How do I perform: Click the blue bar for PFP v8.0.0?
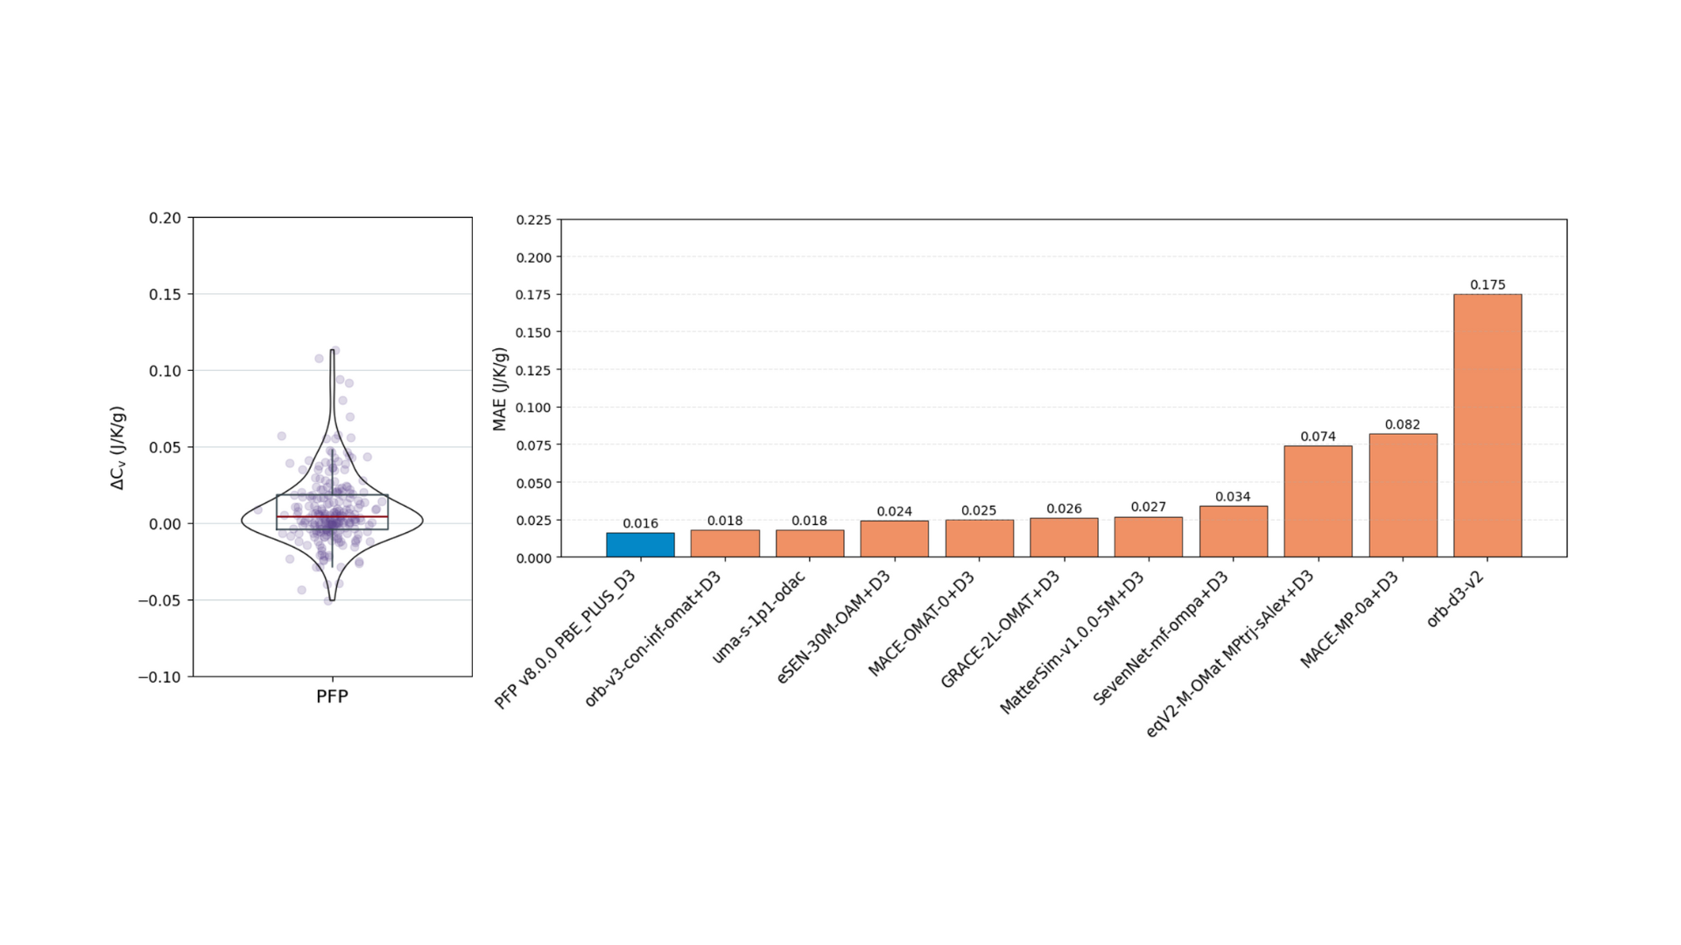[640, 545]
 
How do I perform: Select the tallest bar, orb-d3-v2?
[1488, 426]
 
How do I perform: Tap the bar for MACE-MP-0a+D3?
[1403, 495]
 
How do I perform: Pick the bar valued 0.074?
[1318, 501]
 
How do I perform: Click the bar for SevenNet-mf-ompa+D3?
[1233, 532]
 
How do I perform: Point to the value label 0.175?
[1488, 285]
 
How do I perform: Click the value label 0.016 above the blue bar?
[640, 524]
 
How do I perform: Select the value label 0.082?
[1403, 425]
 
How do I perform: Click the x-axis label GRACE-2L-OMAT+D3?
[1000, 629]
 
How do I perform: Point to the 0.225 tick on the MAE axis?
[534, 220]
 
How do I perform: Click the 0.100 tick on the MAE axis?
[534, 408]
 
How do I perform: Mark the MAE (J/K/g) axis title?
[500, 389]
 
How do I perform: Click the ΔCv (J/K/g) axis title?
[118, 447]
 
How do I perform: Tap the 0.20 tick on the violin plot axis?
[165, 218]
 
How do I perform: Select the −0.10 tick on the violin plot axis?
[160, 677]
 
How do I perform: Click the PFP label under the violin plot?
[332, 696]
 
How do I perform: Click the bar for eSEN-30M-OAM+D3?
[894, 539]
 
